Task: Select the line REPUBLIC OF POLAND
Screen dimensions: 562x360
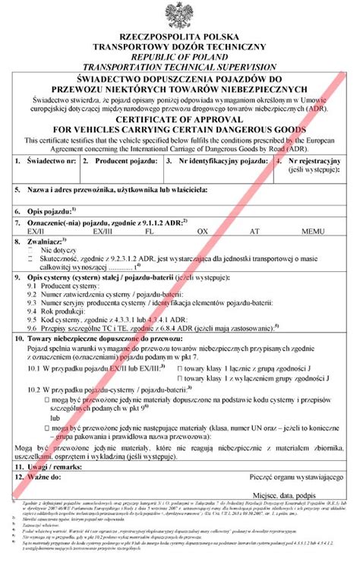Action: click(180, 56)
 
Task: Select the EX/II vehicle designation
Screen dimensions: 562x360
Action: click(36, 229)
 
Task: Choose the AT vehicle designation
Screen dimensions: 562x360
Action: click(255, 229)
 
